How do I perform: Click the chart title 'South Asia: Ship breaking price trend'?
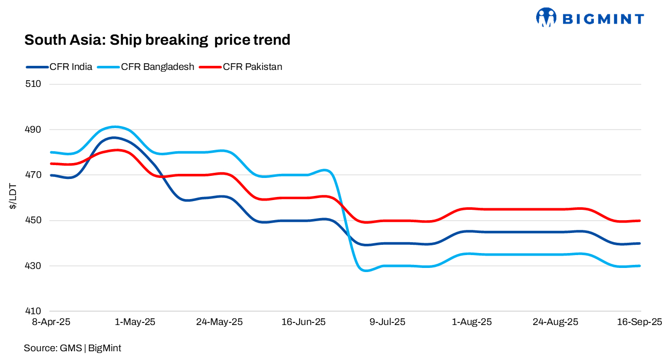(x=157, y=40)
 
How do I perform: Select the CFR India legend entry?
(x=71, y=67)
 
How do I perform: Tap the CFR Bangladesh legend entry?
(x=157, y=67)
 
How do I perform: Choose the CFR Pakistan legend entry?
(x=252, y=67)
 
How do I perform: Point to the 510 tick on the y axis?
(x=33, y=84)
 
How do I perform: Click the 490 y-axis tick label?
(x=33, y=130)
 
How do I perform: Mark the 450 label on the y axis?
(x=33, y=221)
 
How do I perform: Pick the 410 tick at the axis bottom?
(x=33, y=312)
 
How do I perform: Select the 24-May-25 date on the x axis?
(x=219, y=322)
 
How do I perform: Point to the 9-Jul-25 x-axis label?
(x=388, y=322)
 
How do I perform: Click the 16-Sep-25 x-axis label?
(x=639, y=322)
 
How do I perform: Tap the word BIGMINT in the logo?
(x=602, y=19)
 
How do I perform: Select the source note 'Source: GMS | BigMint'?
(x=73, y=348)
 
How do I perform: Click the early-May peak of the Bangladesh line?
(x=115, y=127)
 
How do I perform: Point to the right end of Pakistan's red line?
(x=640, y=221)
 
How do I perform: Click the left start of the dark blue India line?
(x=51, y=175)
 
